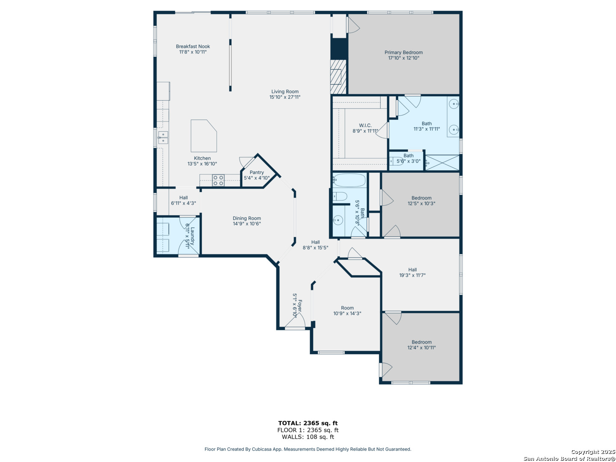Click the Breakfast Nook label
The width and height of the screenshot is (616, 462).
[x=192, y=46]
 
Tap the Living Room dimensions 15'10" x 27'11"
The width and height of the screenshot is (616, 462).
[x=284, y=97]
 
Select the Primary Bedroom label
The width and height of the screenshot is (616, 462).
[x=403, y=53]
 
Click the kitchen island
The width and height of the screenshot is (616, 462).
[x=204, y=136]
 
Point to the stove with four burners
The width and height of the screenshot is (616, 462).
[x=218, y=180]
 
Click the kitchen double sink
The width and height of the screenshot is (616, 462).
[x=163, y=137]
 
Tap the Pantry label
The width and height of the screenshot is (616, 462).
[x=257, y=172]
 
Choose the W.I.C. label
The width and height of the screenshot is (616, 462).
[x=365, y=125]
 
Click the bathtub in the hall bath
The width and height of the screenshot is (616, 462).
[x=349, y=180]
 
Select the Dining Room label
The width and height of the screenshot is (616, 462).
[x=247, y=218]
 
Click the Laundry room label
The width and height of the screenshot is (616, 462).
[x=192, y=235]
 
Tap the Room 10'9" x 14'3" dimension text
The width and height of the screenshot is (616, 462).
[x=347, y=314]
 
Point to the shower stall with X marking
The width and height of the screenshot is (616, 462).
[x=442, y=163]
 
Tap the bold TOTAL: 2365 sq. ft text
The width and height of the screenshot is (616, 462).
[x=308, y=423]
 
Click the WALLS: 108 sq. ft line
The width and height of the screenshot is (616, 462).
[x=308, y=437]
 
